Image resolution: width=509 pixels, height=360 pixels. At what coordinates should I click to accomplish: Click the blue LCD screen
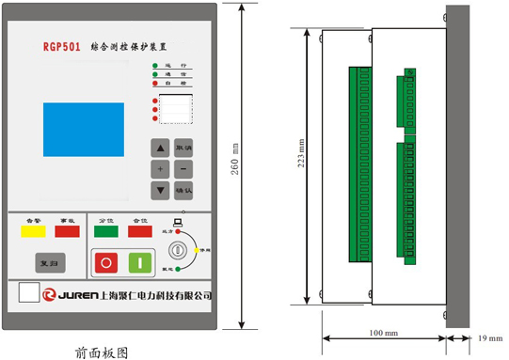coord(83,129)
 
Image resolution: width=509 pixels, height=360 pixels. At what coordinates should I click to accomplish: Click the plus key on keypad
coord(161,169)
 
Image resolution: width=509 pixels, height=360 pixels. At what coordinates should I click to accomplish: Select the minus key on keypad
coord(183,169)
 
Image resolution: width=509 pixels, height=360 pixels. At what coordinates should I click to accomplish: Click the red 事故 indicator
coord(66,230)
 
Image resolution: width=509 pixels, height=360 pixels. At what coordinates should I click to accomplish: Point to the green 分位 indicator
coord(106,230)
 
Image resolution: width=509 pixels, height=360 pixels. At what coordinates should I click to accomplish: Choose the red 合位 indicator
coord(139,230)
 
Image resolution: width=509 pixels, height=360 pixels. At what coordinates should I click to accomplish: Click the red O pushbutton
coord(105,263)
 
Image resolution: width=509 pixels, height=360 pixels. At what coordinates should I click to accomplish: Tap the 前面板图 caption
coord(101,352)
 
